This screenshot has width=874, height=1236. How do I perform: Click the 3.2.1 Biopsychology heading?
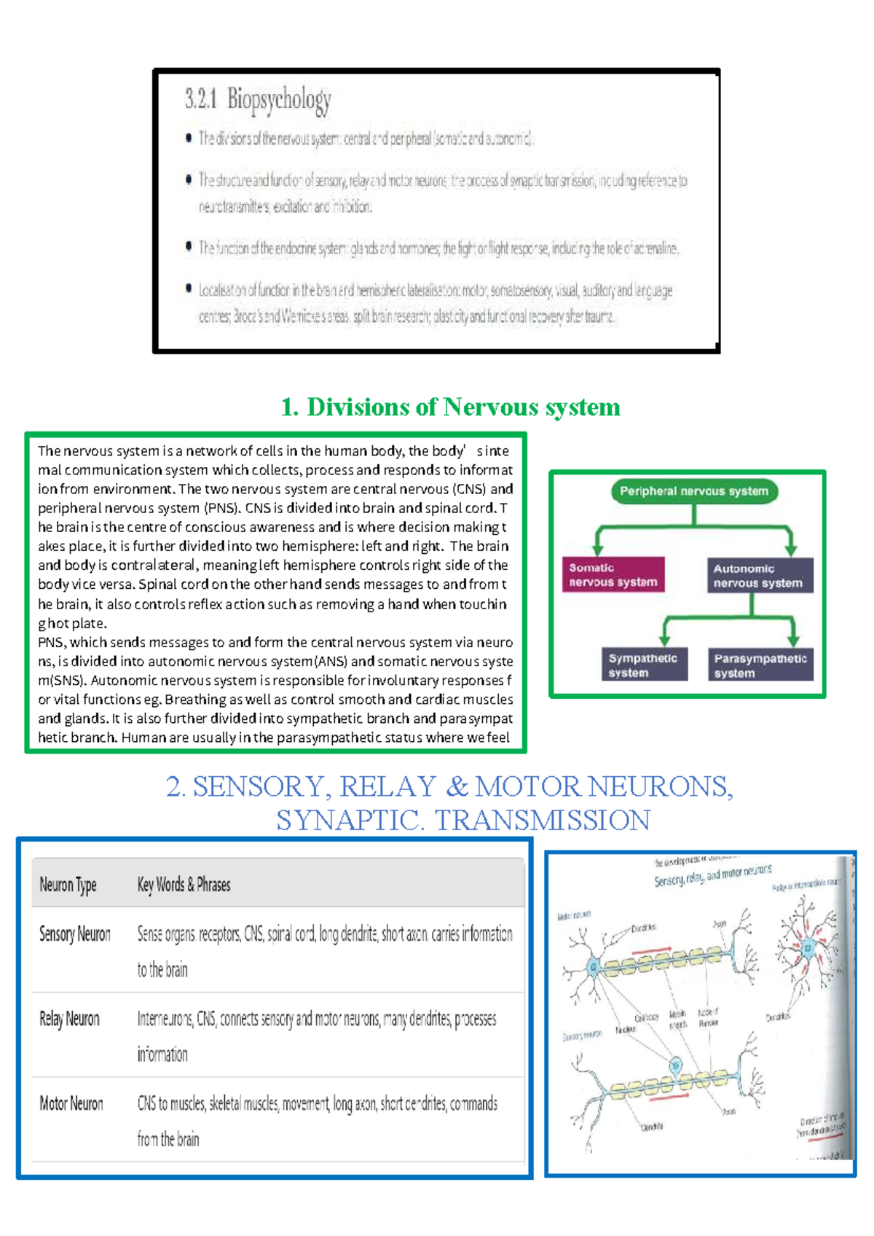pyautogui.click(x=258, y=99)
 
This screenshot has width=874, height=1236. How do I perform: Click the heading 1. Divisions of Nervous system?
pyautogui.click(x=450, y=407)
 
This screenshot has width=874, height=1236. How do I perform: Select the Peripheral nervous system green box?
pyautogui.click(x=694, y=491)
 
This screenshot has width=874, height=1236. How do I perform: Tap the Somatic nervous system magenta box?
pyautogui.click(x=613, y=574)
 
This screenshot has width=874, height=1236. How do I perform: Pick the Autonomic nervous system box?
pyautogui.click(x=760, y=576)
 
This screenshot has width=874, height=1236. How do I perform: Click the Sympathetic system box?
pyautogui.click(x=644, y=665)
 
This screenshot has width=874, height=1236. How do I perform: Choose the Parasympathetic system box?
pyautogui.click(x=760, y=665)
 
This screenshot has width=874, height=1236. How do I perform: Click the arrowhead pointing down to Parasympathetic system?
pyautogui.click(x=793, y=639)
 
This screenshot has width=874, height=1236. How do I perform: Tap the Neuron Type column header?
pyautogui.click(x=68, y=885)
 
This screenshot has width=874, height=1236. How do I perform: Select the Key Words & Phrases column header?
pyautogui.click(x=184, y=885)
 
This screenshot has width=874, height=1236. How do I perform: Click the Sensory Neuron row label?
pyautogui.click(x=75, y=934)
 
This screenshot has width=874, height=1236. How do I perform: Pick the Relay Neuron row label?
pyautogui.click(x=69, y=1019)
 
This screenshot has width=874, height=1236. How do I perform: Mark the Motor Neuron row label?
pyautogui.click(x=71, y=1103)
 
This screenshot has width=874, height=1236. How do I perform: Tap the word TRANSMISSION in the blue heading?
pyautogui.click(x=543, y=821)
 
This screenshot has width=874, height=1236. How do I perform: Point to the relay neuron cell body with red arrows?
pyautogui.click(x=808, y=948)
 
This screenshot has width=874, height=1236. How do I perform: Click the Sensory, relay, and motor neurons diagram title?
pyautogui.click(x=712, y=875)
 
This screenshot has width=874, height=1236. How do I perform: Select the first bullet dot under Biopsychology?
pyautogui.click(x=189, y=138)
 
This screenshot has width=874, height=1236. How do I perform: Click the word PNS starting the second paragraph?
pyautogui.click(x=52, y=643)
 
